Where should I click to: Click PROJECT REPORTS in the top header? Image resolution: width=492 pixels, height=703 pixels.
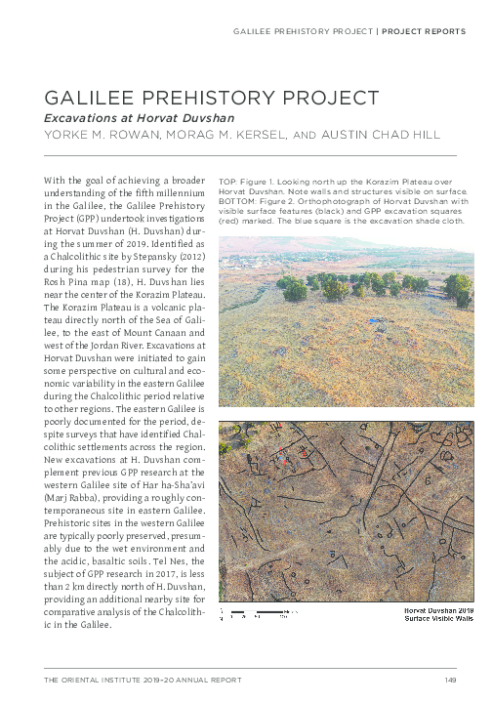(423, 32)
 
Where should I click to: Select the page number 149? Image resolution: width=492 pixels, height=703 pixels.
(450, 680)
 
